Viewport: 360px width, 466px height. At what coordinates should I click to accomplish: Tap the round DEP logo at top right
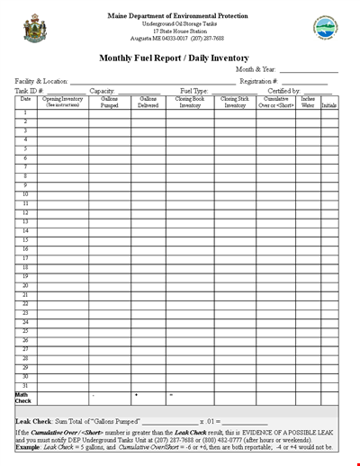coord(325,27)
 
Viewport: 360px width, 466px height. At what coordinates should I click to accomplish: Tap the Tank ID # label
coord(30,91)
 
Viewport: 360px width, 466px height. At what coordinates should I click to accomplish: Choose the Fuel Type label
coord(194,91)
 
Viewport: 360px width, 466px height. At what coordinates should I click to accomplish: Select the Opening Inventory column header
coord(62,102)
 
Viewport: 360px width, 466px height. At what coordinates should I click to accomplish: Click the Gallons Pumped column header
coord(109,102)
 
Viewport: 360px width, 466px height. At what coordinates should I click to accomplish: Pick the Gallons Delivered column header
coord(148,102)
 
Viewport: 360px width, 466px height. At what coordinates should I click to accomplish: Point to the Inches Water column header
coord(308,102)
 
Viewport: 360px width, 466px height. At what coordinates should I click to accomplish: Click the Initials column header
coord(330,105)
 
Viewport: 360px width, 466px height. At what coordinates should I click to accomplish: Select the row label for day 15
coord(25,240)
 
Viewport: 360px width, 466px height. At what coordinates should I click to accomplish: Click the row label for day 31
coord(25,386)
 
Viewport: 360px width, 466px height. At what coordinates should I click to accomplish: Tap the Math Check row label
coord(23,398)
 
